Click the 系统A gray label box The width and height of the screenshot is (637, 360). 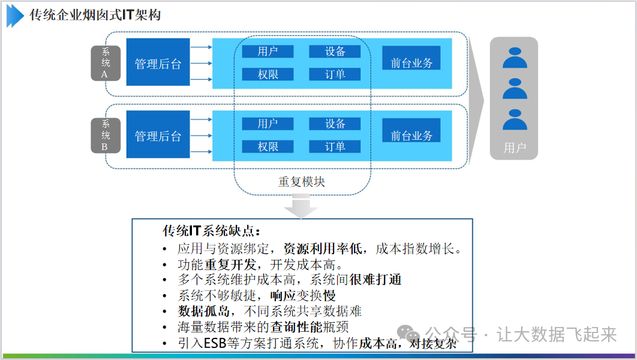(x=106, y=63)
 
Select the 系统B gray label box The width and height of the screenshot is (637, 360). (x=106, y=135)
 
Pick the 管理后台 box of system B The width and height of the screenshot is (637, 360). (x=158, y=136)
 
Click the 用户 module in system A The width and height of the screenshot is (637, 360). (x=268, y=52)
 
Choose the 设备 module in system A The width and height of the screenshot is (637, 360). (x=335, y=52)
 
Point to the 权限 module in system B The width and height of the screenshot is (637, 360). (x=268, y=146)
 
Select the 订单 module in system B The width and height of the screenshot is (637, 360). (x=335, y=146)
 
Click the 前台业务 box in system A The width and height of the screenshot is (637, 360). (x=411, y=62)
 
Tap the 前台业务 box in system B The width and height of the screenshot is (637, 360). (x=411, y=135)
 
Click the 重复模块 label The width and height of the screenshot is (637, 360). (x=302, y=181)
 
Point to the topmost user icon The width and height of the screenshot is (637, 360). (x=514, y=58)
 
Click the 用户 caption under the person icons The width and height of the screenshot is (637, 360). (x=514, y=148)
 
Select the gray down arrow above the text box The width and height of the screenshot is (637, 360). (x=301, y=207)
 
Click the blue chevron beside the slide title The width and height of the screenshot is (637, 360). (x=14, y=15)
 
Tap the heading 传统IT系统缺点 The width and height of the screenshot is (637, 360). (x=212, y=231)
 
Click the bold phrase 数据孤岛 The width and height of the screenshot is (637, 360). (x=202, y=311)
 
